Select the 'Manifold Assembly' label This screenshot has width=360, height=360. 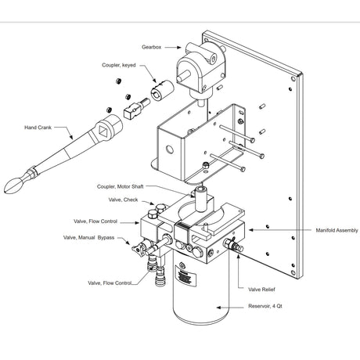tap(334, 230)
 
